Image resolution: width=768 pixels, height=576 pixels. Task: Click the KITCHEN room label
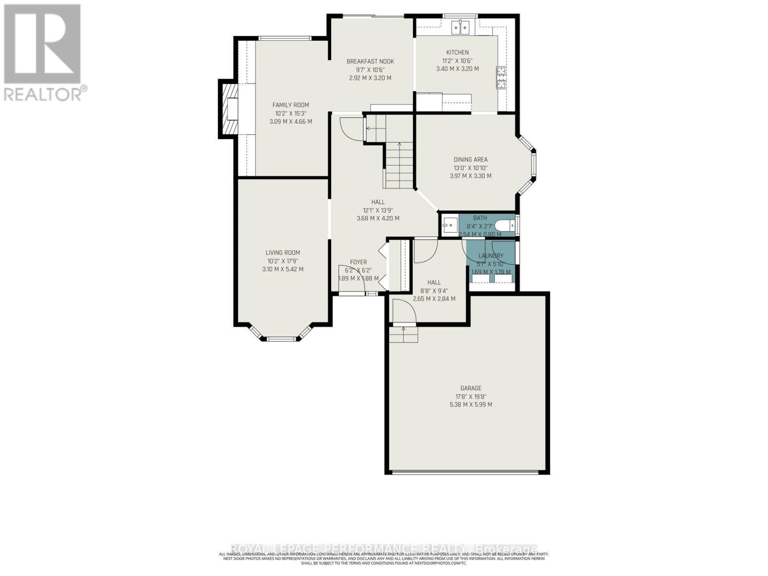coord(457,52)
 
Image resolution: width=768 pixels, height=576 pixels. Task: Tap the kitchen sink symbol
coord(460,28)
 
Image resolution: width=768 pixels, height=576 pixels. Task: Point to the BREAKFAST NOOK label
coord(370,61)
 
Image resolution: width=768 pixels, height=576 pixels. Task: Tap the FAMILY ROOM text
coord(290,105)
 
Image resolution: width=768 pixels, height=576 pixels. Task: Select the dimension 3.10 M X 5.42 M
coord(283,269)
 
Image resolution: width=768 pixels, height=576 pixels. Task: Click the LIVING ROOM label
coord(283,252)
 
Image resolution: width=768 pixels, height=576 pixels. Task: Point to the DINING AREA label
coord(470,159)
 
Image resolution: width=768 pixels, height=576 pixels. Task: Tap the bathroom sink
coord(449,225)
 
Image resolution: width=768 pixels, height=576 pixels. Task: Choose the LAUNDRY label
coord(491,256)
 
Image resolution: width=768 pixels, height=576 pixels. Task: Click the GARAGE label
coord(470,388)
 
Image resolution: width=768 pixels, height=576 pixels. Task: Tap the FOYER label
coord(358,262)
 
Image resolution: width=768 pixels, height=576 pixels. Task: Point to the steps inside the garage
coord(403,334)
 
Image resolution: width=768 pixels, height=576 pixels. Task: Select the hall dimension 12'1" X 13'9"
coord(378,210)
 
